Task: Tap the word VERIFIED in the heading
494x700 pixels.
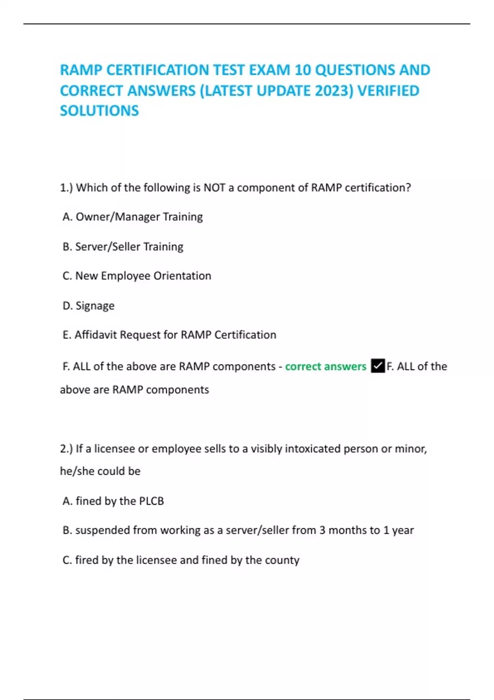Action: click(388, 91)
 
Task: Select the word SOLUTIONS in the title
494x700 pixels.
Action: click(100, 111)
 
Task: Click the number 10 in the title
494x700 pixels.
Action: click(303, 70)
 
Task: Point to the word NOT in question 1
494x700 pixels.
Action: click(214, 188)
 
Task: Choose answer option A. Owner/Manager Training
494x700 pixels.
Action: click(133, 217)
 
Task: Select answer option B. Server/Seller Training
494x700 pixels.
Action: click(123, 247)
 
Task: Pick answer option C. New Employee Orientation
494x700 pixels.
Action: click(137, 276)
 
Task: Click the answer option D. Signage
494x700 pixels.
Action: click(89, 306)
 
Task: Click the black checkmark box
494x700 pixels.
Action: click(377, 366)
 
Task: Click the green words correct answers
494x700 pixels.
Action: click(325, 366)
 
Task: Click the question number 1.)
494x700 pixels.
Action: click(66, 188)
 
